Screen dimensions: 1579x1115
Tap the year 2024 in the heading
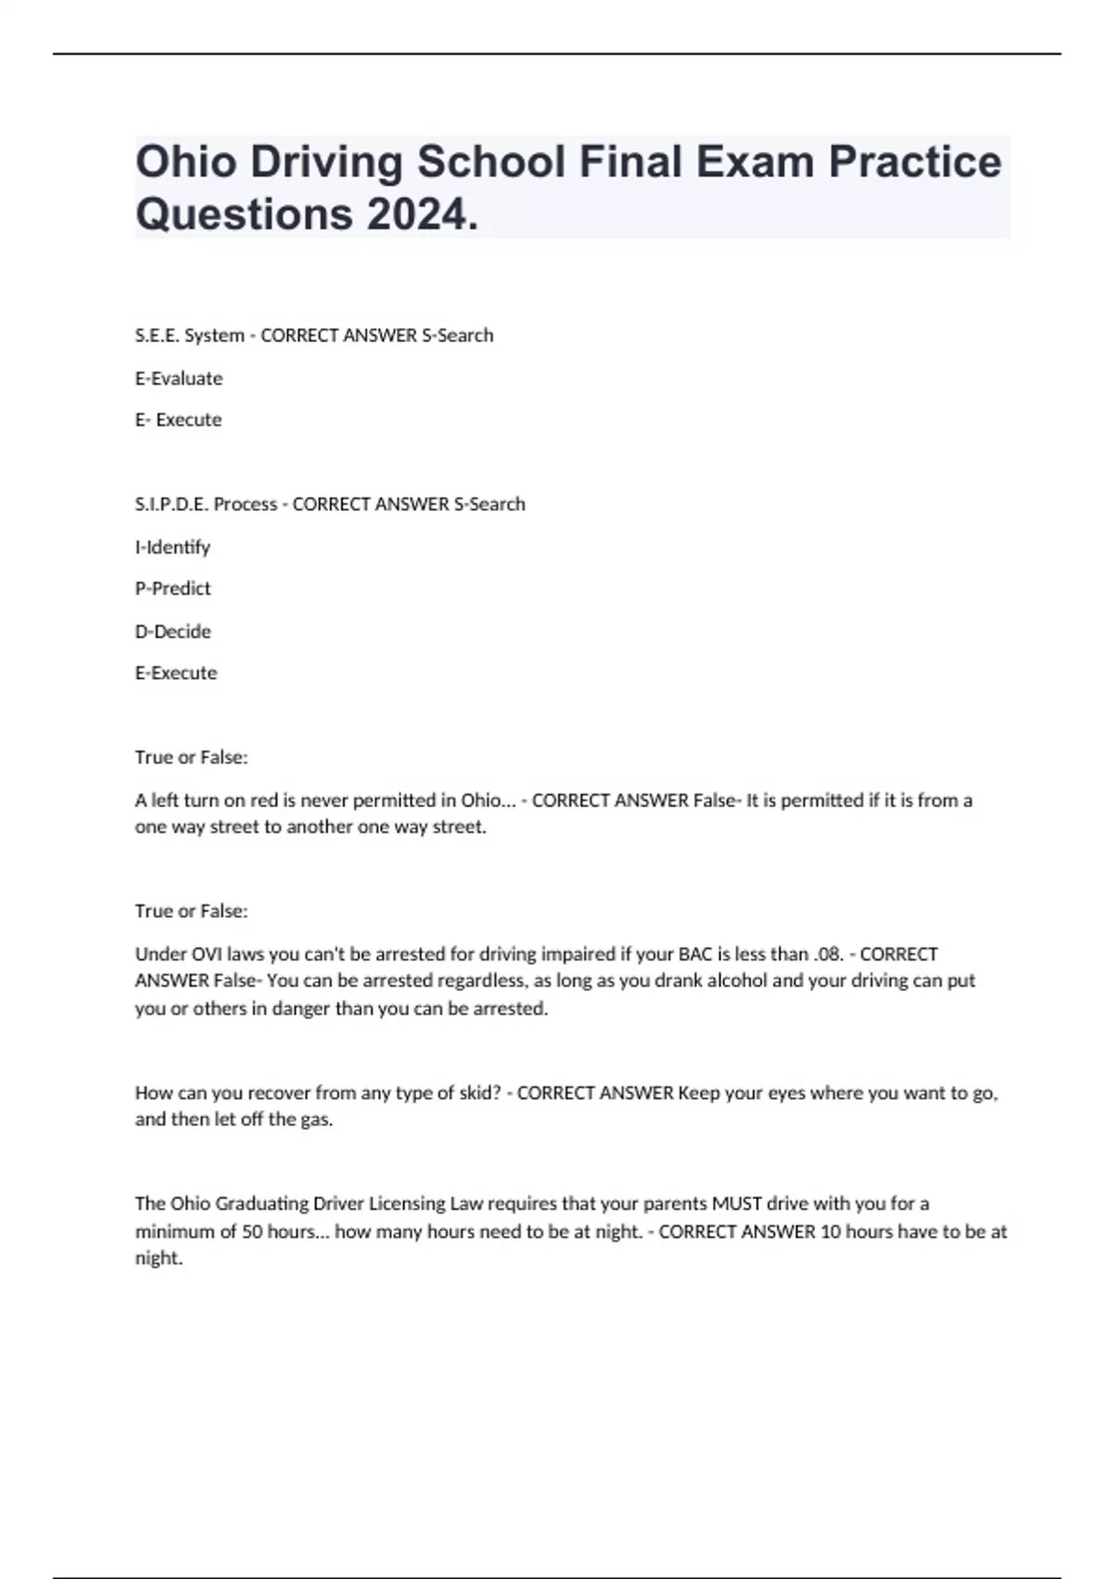(416, 215)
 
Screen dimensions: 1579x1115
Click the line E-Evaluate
(178, 378)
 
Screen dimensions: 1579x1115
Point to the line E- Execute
(178, 420)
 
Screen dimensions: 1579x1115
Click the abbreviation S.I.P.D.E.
(172, 504)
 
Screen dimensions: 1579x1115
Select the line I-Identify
(173, 547)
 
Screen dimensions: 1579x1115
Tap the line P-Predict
(173, 589)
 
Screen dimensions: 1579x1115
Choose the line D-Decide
(173, 632)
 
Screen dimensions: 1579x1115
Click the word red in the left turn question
(264, 801)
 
